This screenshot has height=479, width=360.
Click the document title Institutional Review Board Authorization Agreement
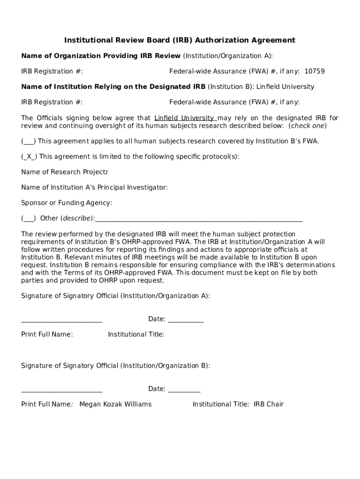[x=180, y=40]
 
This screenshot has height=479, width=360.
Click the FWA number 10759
[x=314, y=72]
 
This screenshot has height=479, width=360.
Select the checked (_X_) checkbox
[x=29, y=157]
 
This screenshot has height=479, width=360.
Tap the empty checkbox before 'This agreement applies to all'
[x=29, y=141]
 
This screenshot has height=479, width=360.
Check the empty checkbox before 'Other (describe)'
[x=29, y=218]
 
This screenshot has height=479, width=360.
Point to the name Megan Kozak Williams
[x=115, y=404]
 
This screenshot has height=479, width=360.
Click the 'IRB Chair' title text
[x=268, y=404]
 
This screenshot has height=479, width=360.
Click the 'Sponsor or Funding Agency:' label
[x=66, y=203]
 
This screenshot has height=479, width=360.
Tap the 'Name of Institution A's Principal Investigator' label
[x=94, y=188]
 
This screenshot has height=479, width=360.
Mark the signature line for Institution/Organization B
[x=62, y=391]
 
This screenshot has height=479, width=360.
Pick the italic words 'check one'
[x=307, y=126]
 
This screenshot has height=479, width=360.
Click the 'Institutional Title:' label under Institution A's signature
[x=136, y=334]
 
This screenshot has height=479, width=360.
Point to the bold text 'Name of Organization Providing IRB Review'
[x=101, y=56]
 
